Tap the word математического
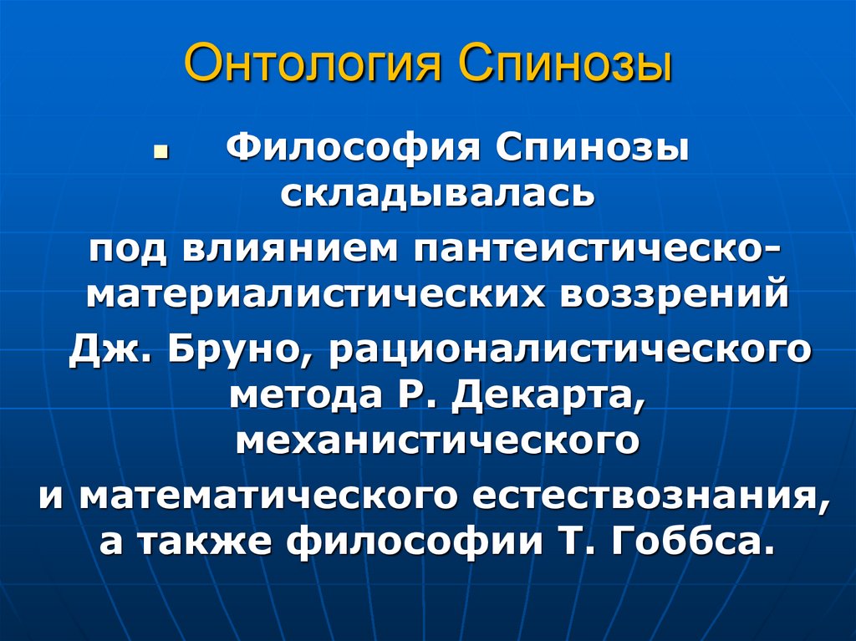[269, 495]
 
